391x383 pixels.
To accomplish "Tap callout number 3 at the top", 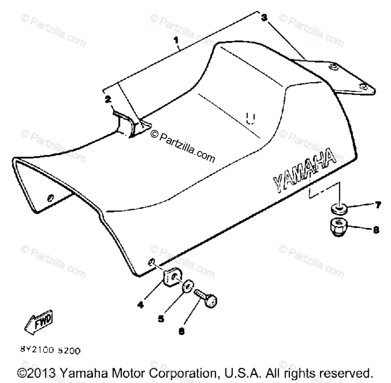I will pos(264,18).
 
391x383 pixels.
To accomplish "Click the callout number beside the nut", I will pos(376,230).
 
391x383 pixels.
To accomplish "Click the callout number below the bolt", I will pos(181,331).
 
